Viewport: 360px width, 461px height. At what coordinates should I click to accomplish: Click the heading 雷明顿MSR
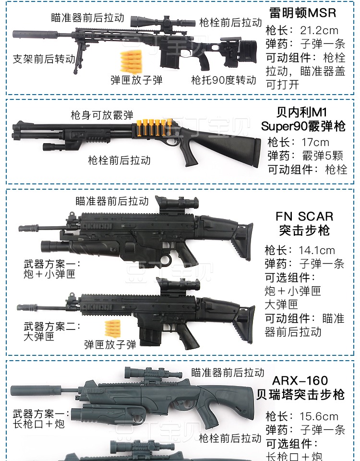302,12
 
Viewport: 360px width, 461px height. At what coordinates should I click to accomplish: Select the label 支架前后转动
44,59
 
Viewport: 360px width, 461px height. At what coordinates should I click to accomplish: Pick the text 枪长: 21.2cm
302,30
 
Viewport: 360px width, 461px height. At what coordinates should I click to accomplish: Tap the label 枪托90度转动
224,80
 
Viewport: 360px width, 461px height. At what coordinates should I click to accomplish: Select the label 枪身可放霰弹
102,115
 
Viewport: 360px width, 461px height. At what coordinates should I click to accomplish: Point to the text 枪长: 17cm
298,143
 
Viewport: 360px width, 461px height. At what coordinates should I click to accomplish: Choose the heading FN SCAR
304,217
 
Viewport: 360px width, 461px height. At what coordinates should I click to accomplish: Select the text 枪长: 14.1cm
300,250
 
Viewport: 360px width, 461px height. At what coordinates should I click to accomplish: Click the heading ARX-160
300,381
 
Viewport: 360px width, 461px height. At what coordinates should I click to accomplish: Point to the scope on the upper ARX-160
149,373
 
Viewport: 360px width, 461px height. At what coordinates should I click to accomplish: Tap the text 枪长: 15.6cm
302,416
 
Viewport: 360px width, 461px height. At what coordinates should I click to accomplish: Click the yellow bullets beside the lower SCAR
112,329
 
